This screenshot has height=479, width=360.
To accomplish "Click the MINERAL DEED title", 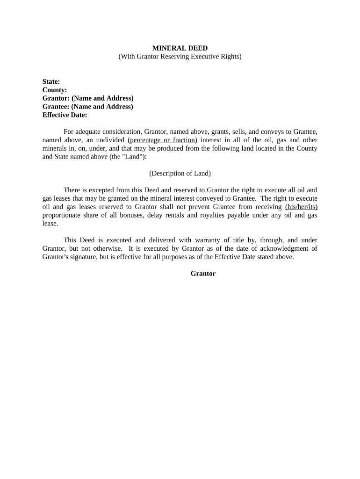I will tap(180, 48).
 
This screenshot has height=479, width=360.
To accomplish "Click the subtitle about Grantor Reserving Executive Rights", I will tap(180, 57).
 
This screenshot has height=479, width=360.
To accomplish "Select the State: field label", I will tap(51, 81).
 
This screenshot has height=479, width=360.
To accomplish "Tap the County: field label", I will tap(55, 90).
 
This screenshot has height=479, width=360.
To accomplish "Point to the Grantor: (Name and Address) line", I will tap(88, 98).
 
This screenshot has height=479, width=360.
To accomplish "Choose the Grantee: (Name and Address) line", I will tap(88, 107).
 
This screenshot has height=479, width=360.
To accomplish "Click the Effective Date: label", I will tap(65, 115).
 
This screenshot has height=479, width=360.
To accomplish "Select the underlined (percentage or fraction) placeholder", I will tap(162, 140).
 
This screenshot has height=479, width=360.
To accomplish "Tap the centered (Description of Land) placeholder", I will tap(180, 174).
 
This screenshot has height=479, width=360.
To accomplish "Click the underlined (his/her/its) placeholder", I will tap(301, 207).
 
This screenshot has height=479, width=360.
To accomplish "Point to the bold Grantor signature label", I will tap(203, 274).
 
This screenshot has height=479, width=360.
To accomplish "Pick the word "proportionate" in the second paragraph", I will tap(63, 215).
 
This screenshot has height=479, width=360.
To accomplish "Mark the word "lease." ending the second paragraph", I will tap(50, 224).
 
